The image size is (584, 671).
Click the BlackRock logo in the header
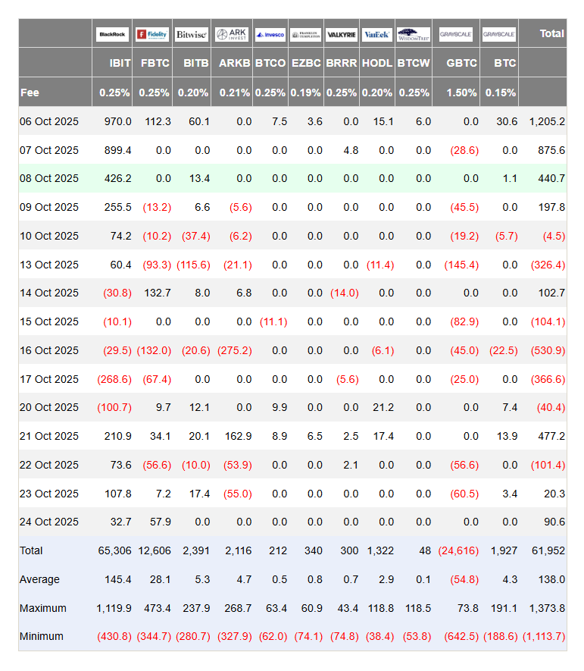coord(113,34)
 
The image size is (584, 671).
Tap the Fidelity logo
coord(152,34)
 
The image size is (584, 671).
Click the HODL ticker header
coord(377,63)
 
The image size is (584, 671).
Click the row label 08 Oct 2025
coord(49,178)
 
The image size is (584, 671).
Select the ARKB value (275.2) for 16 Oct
coord(234,350)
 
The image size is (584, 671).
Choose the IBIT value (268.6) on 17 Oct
coord(114,379)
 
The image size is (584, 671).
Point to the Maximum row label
coord(43,608)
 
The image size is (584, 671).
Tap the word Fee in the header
coord(30,92)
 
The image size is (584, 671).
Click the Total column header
coord(551,33)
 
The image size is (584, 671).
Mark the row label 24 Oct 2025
coord(49,522)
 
